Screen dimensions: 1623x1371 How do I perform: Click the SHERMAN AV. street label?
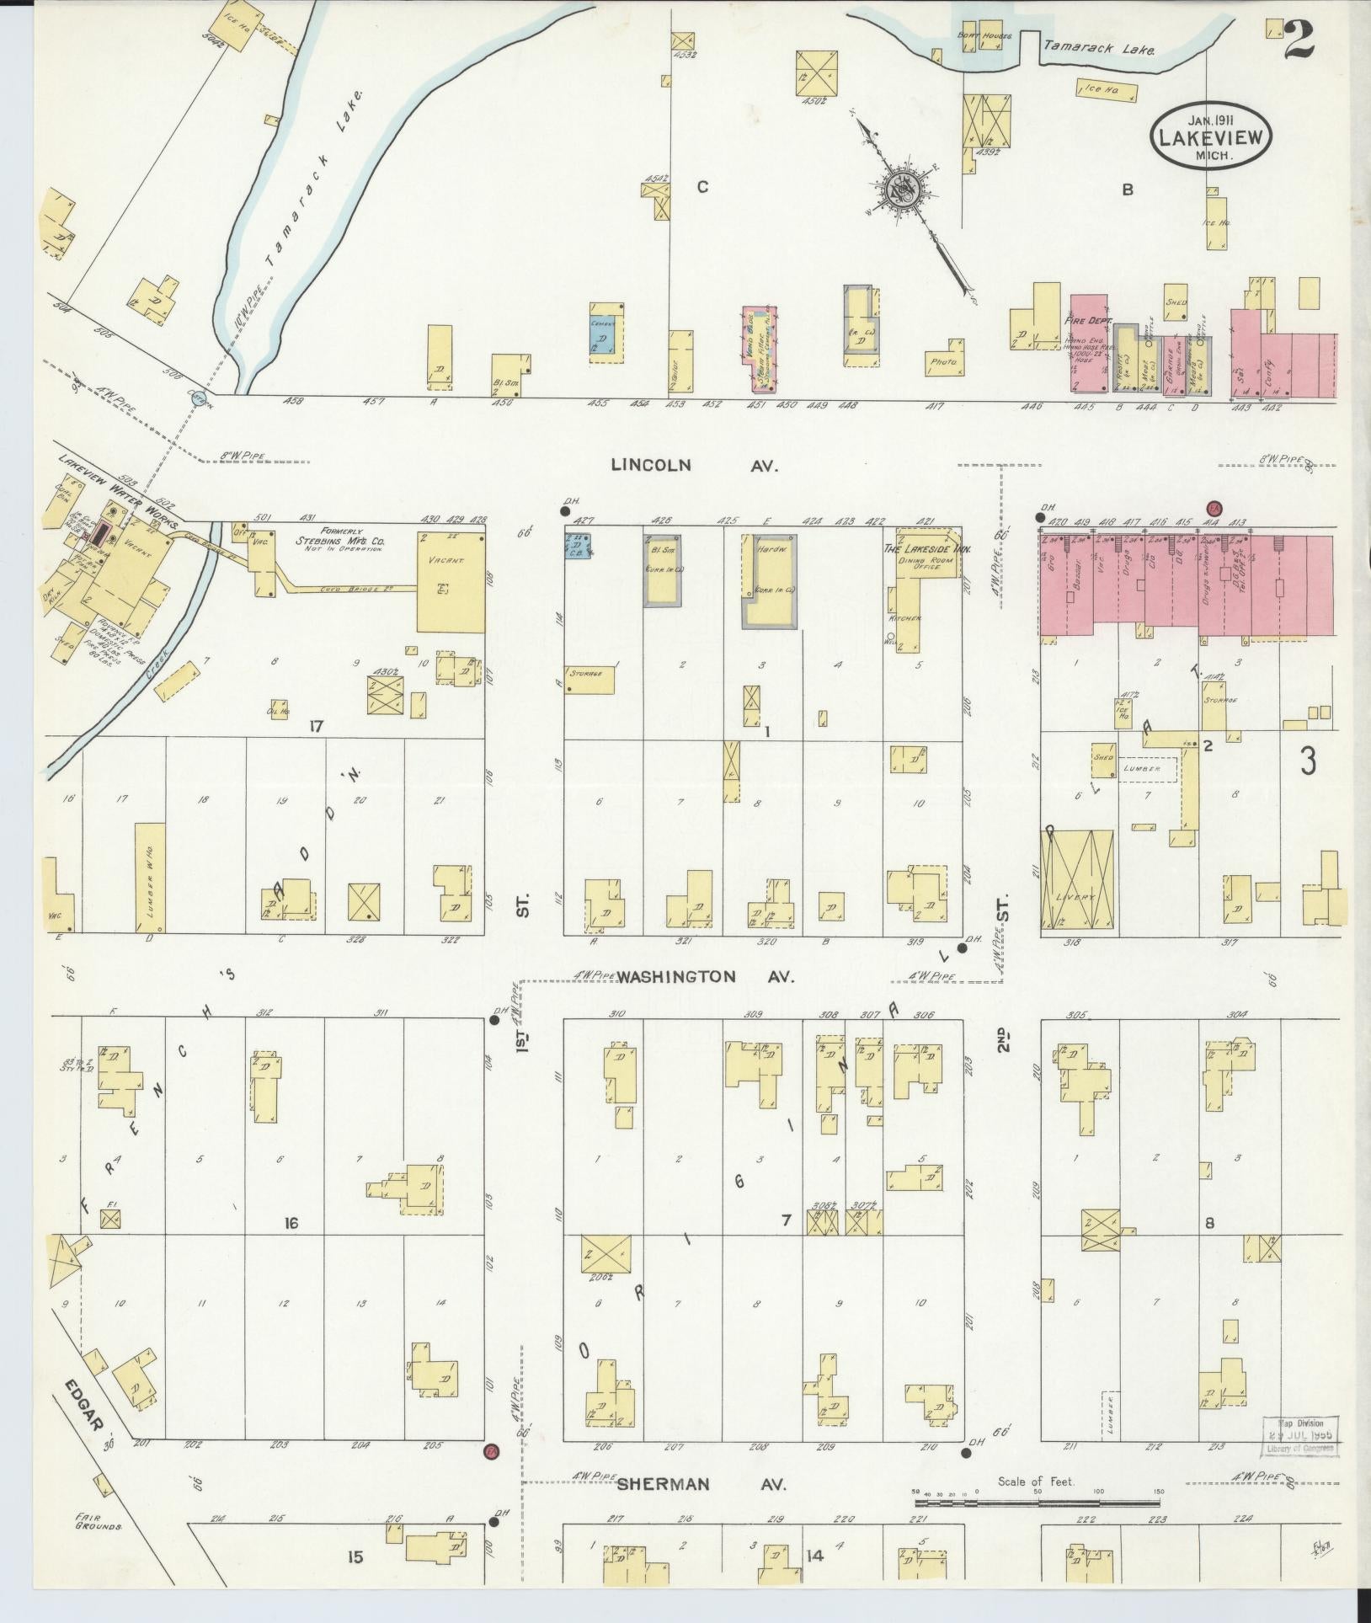tap(702, 1484)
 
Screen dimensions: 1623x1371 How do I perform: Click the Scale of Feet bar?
tap(1039, 1502)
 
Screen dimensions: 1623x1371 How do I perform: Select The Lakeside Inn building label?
tap(926, 548)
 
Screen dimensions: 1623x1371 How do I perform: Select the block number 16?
tap(291, 1223)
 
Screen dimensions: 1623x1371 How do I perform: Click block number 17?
tap(316, 726)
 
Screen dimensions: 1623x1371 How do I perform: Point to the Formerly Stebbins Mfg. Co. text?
tap(338, 538)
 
